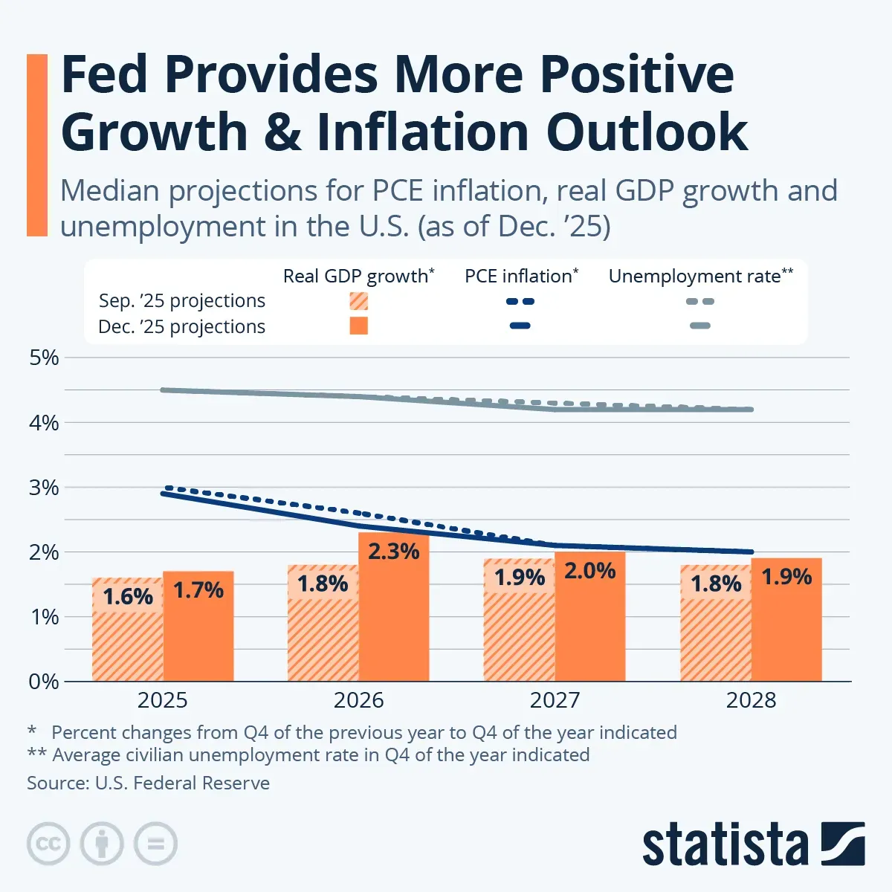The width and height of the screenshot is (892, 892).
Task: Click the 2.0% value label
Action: click(589, 571)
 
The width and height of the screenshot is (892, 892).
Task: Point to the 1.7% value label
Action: click(198, 590)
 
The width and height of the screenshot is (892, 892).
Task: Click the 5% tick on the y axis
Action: click(44, 358)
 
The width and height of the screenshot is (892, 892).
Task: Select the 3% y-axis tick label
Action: click(44, 488)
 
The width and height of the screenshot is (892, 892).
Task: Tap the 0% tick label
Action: click(44, 682)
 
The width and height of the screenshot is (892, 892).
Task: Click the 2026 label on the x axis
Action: click(358, 700)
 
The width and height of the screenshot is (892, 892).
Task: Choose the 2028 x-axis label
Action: click(751, 700)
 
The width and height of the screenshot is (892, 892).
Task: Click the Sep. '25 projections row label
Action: click(182, 301)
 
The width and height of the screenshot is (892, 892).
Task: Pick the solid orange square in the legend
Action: click(359, 326)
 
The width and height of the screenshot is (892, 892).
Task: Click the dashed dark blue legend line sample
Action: click(520, 302)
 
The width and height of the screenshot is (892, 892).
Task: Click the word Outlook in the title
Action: click(647, 132)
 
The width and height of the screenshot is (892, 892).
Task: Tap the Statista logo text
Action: click(725, 845)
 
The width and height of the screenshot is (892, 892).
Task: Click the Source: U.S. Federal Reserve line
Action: click(149, 783)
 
